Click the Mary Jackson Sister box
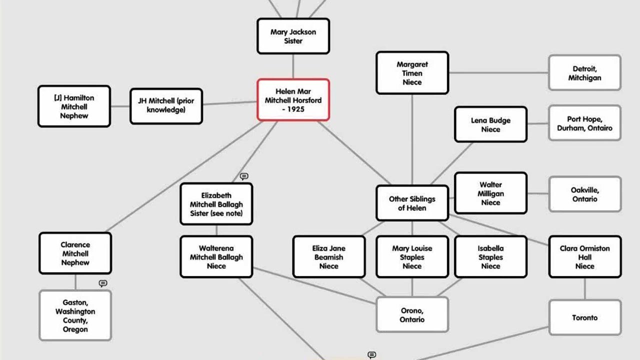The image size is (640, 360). (x=293, y=36)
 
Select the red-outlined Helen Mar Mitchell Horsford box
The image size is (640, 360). (x=293, y=100)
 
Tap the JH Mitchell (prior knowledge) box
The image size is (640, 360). (x=166, y=106)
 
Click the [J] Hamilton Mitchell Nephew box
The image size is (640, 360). (x=74, y=106)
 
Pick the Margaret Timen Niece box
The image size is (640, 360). (x=412, y=73)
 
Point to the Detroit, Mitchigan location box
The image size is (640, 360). (x=584, y=73)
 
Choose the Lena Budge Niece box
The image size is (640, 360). (x=490, y=124)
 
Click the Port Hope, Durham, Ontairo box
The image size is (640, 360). (x=584, y=123)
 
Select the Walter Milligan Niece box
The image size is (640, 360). (x=490, y=193)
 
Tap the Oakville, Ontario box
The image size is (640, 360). (x=584, y=194)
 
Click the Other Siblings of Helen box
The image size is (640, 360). (x=412, y=203)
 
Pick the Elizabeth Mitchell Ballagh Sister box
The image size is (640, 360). (x=216, y=204)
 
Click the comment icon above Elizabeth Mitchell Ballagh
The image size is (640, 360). (x=244, y=176)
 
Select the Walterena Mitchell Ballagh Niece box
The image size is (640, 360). (x=216, y=257)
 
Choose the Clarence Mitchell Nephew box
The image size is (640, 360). (x=75, y=253)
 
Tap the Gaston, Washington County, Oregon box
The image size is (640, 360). (x=75, y=315)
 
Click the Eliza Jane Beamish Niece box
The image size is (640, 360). (x=328, y=257)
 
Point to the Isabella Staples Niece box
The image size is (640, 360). (x=490, y=257)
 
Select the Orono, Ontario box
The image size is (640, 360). (x=412, y=315)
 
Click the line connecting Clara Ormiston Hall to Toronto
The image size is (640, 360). (x=584, y=289)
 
